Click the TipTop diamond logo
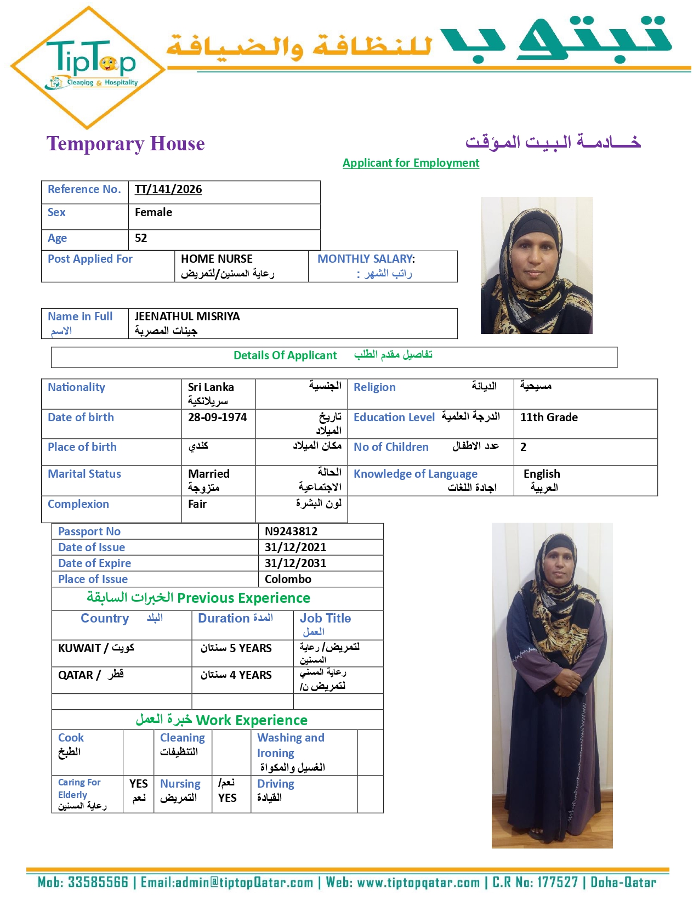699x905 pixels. click(88, 68)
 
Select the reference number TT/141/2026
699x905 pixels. click(168, 190)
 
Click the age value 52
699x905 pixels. click(141, 238)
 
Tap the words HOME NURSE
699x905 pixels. click(217, 259)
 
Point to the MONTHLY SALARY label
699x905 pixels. click(366, 259)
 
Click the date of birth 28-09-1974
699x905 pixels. click(217, 417)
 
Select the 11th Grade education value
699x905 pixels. click(549, 417)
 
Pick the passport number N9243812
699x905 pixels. click(291, 531)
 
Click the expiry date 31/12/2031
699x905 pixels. click(295, 563)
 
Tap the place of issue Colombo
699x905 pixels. click(288, 579)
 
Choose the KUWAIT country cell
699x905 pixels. click(96, 648)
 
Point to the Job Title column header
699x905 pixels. click(325, 619)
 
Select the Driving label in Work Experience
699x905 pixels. click(276, 784)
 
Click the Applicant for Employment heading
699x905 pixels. click(411, 163)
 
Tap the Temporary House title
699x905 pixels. click(126, 144)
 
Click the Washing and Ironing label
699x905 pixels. click(291, 745)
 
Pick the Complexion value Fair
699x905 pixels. click(197, 504)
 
